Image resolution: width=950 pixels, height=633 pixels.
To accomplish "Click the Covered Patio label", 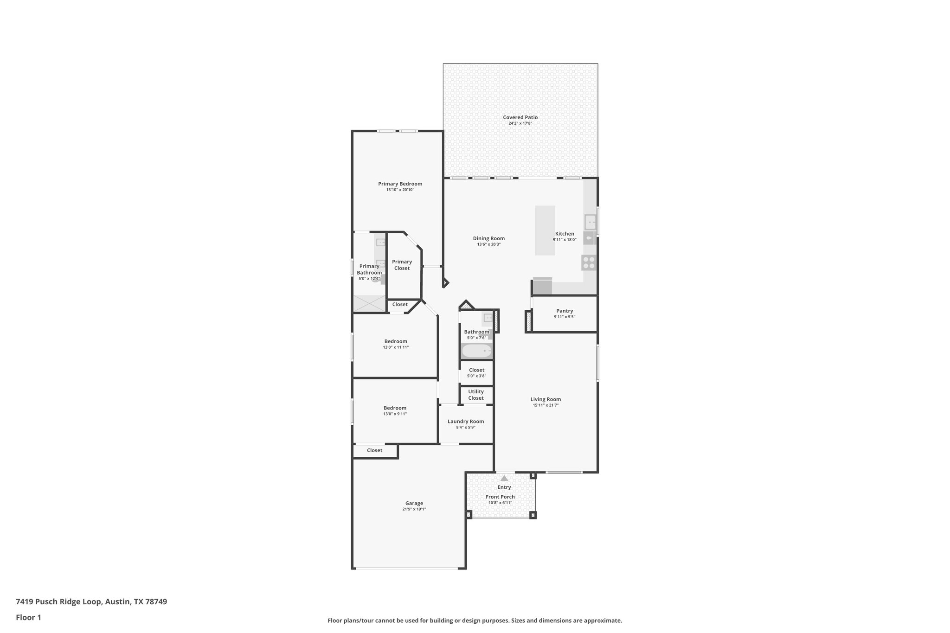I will point(520,117).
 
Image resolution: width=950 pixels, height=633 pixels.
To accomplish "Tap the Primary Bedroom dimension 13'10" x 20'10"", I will point(400,190).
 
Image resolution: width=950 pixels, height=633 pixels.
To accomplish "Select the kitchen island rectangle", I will point(545,230).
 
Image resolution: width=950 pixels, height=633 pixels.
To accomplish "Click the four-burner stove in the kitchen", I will point(589,263).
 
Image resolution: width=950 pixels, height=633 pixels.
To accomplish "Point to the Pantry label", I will point(565,311).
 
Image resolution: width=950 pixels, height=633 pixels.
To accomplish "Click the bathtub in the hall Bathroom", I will point(476,352).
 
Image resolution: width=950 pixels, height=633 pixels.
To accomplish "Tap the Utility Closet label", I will point(476,395).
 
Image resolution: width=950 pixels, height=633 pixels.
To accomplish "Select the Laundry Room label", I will point(466,422).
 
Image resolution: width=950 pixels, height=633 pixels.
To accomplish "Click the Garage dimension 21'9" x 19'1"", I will point(414,509).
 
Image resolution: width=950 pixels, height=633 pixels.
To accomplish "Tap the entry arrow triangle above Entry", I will point(504,478).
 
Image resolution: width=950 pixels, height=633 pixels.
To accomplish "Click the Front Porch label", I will point(500,497).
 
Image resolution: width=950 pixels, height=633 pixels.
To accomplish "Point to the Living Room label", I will point(546,399).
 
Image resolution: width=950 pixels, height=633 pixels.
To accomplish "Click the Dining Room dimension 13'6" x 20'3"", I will point(489,244).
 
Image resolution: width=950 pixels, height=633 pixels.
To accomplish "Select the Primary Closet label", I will point(402,265).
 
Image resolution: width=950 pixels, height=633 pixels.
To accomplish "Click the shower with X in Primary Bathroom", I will point(369,304).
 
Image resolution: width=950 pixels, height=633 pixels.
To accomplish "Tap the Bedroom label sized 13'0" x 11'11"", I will point(396,341).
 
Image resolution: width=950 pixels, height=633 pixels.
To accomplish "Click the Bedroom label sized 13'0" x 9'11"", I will point(395,408).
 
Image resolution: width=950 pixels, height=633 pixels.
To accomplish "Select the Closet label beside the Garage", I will point(374,450).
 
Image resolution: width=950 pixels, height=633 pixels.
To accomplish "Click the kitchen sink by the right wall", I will point(590,222).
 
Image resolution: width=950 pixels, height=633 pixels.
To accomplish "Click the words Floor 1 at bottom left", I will point(28,617).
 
